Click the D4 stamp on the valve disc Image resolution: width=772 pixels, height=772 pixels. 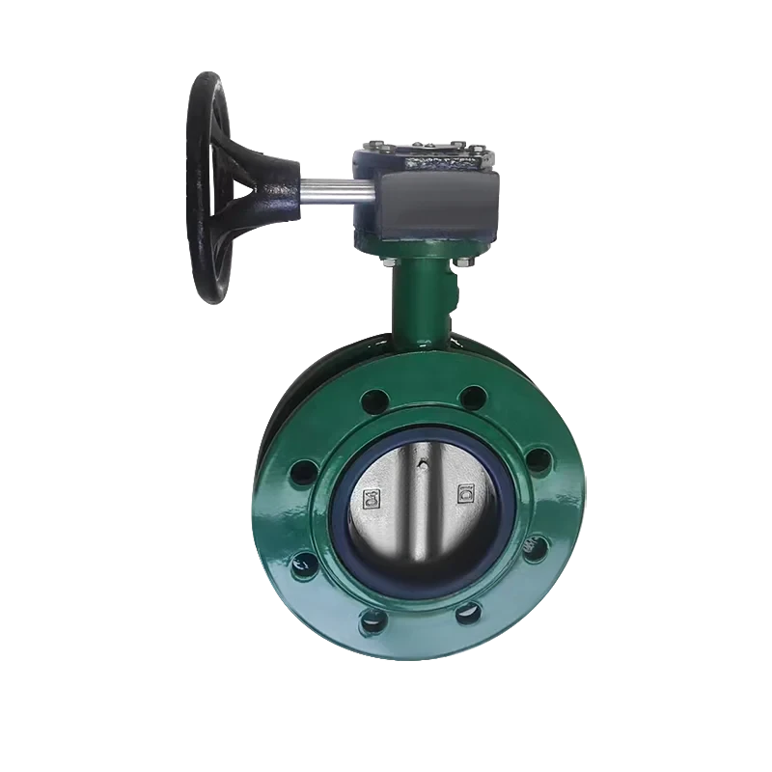tap(371, 500)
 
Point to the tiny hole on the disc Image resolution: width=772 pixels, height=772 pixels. tap(421, 465)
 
